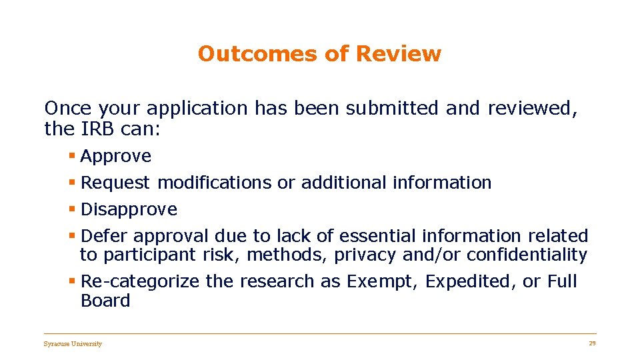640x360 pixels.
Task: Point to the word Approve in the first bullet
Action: point(116,157)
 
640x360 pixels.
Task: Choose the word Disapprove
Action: point(129,209)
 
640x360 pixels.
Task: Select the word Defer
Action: point(103,236)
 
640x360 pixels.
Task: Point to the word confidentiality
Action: point(527,255)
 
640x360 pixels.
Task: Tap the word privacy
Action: point(366,255)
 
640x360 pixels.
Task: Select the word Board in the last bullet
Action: point(105,301)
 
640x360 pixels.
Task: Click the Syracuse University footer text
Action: point(73,344)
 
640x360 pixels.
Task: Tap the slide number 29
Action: point(592,343)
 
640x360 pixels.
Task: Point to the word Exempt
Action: point(383,282)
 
